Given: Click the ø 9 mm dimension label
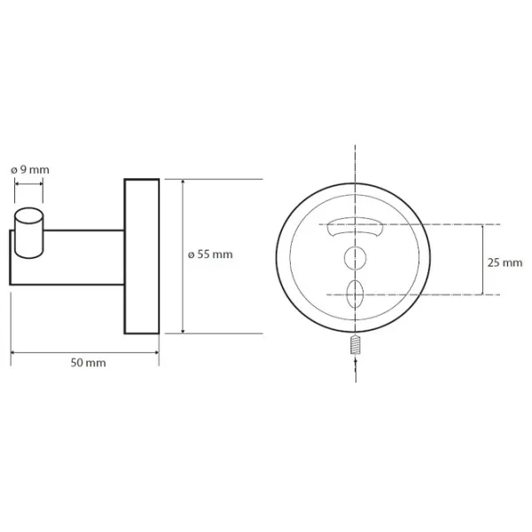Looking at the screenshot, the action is click(30, 169).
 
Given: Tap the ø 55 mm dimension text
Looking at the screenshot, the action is click(210, 254).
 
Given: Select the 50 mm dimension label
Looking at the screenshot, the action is click(88, 363).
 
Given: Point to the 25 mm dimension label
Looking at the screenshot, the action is click(505, 262).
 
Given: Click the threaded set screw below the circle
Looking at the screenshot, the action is click(356, 344).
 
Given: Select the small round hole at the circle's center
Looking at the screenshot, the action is click(356, 258).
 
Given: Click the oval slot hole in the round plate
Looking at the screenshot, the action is click(356, 293).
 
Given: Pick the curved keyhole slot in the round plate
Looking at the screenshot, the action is click(355, 229).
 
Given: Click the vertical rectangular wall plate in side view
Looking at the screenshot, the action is click(142, 256).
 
